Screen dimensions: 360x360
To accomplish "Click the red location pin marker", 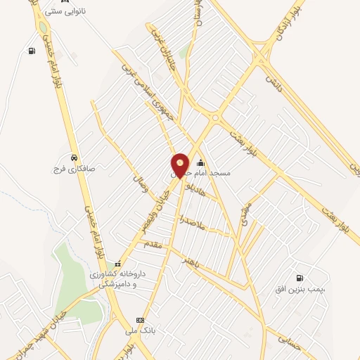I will pyautogui.click(x=180, y=165).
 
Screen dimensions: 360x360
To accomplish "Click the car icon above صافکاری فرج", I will pyautogui.click(x=74, y=157).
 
